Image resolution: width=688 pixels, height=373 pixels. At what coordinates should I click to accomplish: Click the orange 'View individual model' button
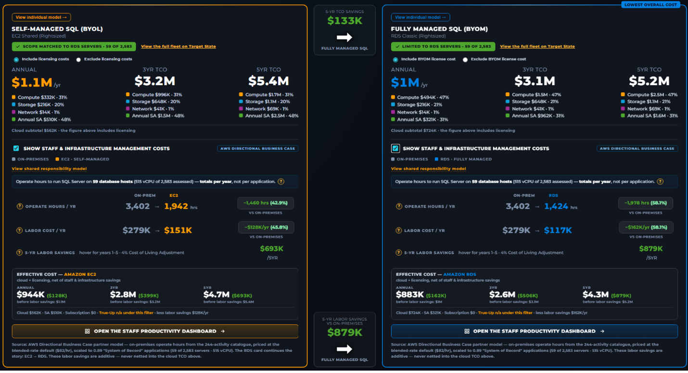tap(41, 17)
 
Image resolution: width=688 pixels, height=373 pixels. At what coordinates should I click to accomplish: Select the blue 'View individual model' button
tap(420, 17)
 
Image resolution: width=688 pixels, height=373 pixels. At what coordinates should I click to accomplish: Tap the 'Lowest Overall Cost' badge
tap(650, 5)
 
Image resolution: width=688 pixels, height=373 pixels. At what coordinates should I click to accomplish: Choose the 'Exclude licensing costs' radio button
tap(78, 60)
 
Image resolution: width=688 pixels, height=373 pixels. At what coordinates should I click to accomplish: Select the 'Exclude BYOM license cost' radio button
tap(465, 60)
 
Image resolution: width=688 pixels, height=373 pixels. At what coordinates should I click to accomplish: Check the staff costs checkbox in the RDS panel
tap(395, 149)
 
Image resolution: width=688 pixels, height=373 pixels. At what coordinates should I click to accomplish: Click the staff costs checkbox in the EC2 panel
tap(16, 149)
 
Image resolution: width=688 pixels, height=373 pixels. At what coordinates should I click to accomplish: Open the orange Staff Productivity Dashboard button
tap(155, 331)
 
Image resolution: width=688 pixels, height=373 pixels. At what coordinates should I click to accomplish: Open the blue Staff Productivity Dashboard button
tap(535, 331)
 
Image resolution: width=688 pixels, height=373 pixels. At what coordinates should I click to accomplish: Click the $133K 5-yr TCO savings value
tap(344, 21)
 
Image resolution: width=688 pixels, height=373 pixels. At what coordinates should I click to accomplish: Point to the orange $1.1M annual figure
tap(32, 82)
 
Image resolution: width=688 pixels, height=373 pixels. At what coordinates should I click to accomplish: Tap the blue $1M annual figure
tap(405, 82)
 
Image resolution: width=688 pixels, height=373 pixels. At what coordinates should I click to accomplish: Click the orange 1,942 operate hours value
tap(176, 206)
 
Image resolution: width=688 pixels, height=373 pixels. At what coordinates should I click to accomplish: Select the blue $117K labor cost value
tap(558, 230)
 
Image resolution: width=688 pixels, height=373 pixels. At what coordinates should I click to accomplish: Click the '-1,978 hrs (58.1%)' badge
tap(646, 203)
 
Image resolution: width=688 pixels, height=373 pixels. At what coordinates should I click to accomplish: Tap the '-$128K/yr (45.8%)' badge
tap(266, 227)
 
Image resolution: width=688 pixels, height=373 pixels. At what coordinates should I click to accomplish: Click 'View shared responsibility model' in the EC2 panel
tap(49, 169)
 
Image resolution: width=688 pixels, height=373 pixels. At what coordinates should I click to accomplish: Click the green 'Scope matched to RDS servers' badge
tap(74, 46)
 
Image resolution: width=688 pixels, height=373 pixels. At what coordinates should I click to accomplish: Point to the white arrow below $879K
tap(344, 349)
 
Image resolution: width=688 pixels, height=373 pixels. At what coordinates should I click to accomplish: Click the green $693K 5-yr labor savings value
tap(271, 249)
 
